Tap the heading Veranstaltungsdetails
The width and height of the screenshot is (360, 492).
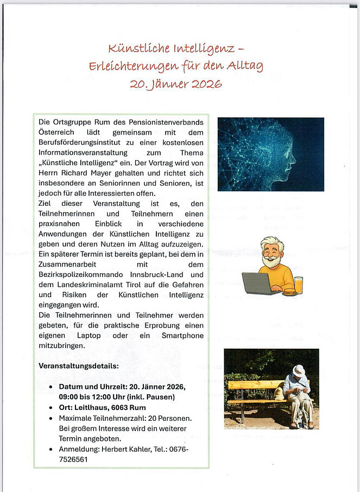(78, 366)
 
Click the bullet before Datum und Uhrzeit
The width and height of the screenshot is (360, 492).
(51, 387)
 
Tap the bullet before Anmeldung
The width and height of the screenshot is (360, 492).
(51, 450)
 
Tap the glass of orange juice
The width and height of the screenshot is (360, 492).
(298, 285)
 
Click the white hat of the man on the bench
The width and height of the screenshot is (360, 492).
(298, 371)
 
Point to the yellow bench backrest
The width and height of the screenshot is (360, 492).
(255, 384)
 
